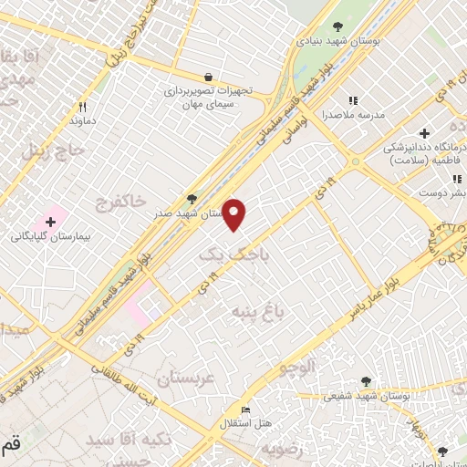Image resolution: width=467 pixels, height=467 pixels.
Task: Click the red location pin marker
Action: [234, 214]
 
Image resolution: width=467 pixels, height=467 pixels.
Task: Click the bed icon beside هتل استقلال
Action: [244, 410]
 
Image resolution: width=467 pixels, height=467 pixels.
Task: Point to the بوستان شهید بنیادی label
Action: [338, 41]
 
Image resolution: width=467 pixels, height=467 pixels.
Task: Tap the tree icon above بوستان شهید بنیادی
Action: [338, 26]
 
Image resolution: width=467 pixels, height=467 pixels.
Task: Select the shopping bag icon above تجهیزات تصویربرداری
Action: [210, 77]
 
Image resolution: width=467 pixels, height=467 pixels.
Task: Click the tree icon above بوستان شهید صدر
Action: [191, 198]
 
